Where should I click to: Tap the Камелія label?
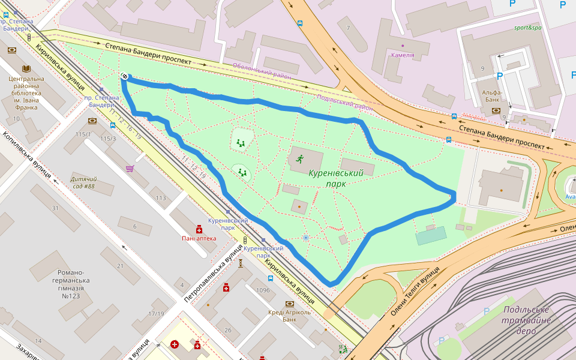pos(402,55)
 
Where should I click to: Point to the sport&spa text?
pos(527,28)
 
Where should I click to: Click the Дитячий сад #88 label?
pos(83,182)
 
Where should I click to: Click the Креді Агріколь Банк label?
pos(289,316)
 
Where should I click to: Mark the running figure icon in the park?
pos(299,159)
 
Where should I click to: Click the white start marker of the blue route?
pos(124,76)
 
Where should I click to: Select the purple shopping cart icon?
pos(129,169)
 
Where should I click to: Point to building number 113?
pos(161,197)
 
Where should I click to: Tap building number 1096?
pos(263,290)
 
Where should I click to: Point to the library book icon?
pos(26,69)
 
